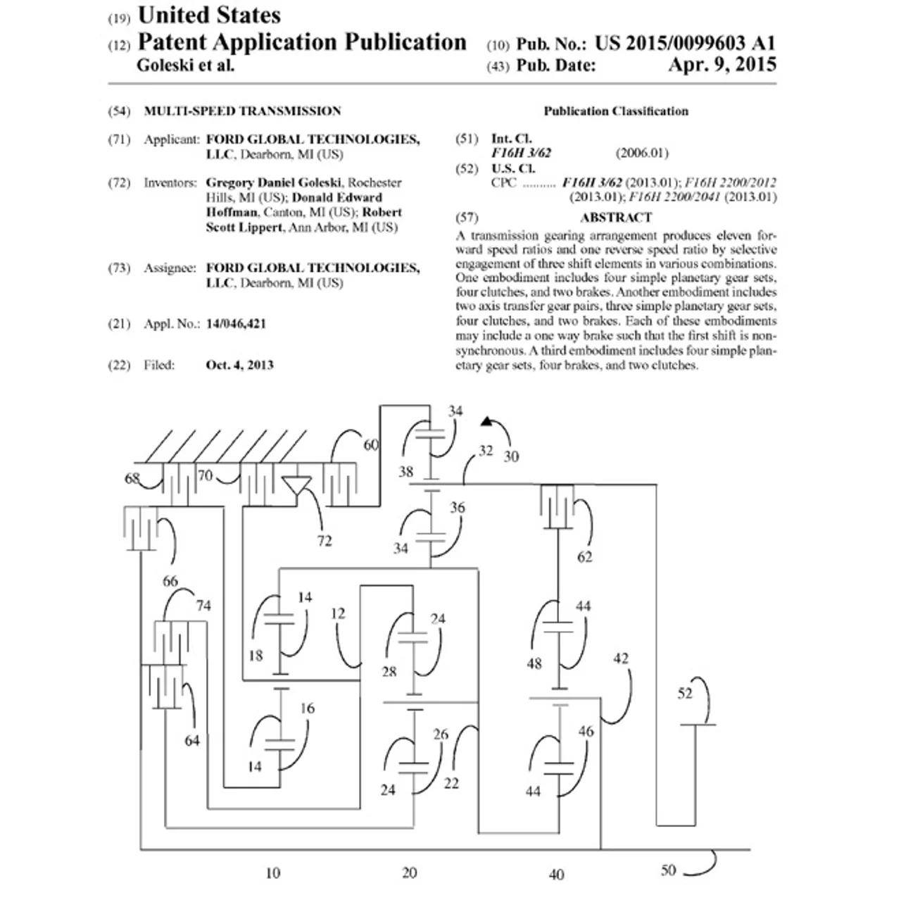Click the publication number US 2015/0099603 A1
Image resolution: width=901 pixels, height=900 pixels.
[x=685, y=44]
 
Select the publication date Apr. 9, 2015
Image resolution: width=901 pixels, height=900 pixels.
[x=722, y=65]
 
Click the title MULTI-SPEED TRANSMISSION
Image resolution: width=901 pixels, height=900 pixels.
[x=242, y=111]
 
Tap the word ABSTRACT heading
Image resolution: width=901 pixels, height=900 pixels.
[x=616, y=218]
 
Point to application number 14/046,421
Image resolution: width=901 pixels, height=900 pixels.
[x=236, y=324]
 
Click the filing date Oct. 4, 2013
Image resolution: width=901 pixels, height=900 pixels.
[x=239, y=365]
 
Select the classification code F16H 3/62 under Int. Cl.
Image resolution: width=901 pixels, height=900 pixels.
[x=521, y=153]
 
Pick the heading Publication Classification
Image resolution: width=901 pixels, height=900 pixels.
[x=616, y=111]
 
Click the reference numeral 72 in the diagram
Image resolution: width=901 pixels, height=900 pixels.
[x=325, y=541]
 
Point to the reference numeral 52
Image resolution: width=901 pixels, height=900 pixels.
[x=685, y=693]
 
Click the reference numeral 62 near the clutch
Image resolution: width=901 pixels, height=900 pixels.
[x=584, y=556]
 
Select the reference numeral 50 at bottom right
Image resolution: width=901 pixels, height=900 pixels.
[x=668, y=870]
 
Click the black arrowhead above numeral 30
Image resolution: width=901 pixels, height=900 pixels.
[x=486, y=421]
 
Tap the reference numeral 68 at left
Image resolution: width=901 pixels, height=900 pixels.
[x=132, y=478]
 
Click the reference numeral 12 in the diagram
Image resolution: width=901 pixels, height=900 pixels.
[x=338, y=613]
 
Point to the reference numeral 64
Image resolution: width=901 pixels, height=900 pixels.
[x=191, y=740]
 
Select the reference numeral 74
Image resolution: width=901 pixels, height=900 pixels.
[x=203, y=606]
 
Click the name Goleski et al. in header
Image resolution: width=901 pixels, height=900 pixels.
[x=185, y=65]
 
